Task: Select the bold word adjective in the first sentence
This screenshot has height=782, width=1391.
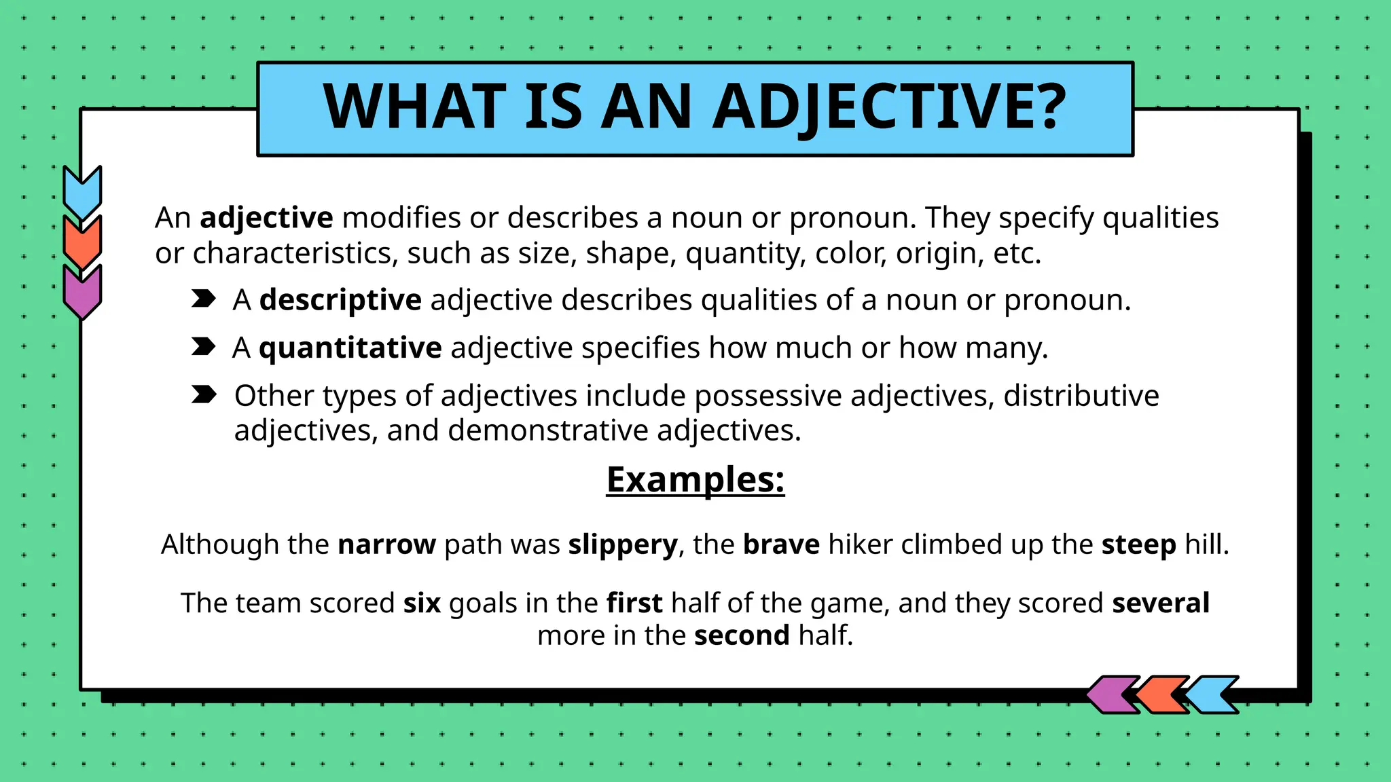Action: [266, 219]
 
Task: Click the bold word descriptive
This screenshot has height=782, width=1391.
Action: [340, 301]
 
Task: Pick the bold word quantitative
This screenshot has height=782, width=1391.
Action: [350, 348]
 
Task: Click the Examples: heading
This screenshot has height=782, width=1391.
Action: [695, 480]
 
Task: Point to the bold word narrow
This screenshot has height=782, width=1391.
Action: [386, 544]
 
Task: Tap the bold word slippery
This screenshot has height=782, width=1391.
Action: [623, 545]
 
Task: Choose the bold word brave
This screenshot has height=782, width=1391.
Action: [781, 544]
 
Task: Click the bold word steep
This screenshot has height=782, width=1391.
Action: [1138, 545]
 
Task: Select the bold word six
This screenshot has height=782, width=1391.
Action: [422, 603]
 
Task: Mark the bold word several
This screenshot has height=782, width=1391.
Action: [1161, 603]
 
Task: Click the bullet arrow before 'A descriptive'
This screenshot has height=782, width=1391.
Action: [203, 299]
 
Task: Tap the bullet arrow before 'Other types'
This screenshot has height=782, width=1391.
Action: [203, 394]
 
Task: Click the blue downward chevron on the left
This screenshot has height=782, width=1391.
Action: [82, 191]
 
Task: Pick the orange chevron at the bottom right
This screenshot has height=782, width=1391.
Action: [1162, 694]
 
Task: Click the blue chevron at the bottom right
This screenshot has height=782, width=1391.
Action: [1214, 694]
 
